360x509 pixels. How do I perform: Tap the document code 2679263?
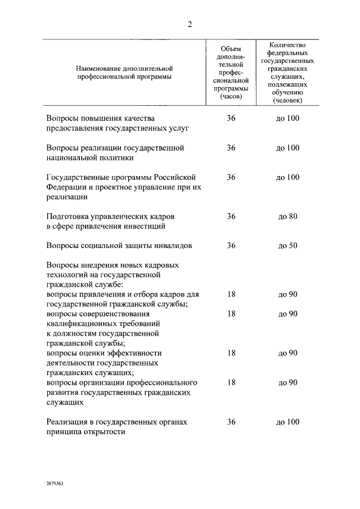55,483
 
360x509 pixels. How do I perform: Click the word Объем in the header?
231,49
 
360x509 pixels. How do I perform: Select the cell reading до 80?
287,217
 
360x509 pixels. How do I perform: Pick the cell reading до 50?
287,246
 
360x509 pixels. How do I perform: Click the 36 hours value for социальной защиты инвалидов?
231,246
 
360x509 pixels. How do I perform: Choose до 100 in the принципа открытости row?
287,422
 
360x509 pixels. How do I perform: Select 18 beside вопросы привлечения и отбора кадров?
231,294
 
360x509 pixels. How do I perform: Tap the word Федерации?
65,187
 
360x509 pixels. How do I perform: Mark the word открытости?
103,432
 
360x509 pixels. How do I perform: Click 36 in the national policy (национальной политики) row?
231,148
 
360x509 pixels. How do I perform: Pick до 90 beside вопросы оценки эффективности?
287,353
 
